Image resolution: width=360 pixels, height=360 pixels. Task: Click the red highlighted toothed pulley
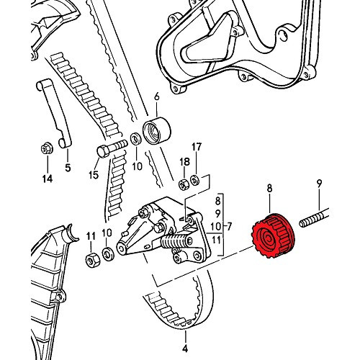click(x=273, y=235)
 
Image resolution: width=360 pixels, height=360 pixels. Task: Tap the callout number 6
click(x=157, y=96)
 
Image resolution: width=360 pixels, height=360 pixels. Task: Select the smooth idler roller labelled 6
click(x=157, y=131)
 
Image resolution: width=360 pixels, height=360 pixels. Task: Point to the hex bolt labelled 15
click(x=112, y=148)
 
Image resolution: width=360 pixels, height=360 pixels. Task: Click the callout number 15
click(x=94, y=175)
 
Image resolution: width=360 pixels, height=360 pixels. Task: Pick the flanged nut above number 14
click(x=47, y=149)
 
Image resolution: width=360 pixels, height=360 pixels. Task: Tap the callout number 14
click(x=48, y=179)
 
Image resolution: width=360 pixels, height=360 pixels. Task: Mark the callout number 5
click(x=68, y=167)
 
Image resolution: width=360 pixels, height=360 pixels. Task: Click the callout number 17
click(x=197, y=147)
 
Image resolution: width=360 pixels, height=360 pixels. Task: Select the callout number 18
click(x=184, y=162)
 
